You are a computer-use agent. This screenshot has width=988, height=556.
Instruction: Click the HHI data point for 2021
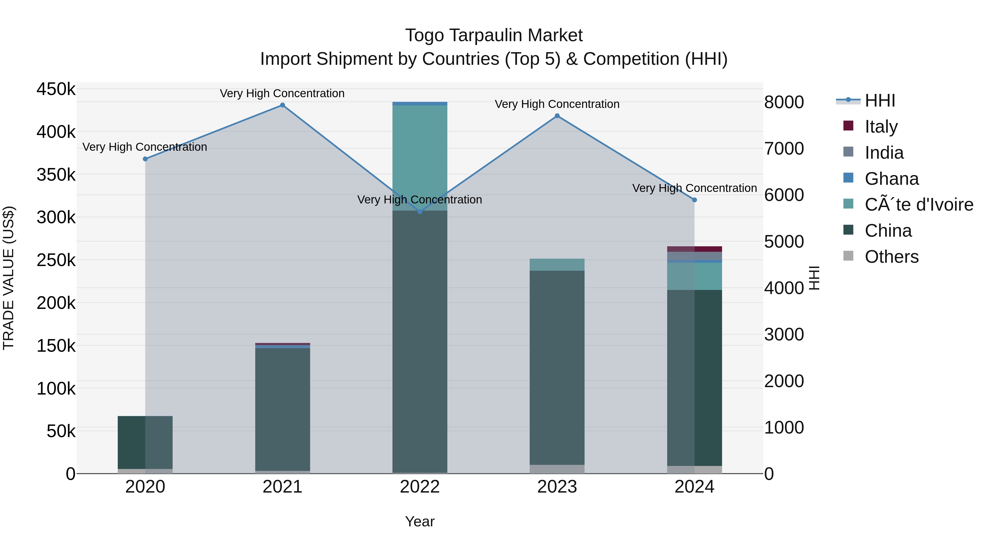tap(282, 105)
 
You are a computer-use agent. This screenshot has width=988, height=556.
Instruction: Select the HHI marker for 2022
tap(420, 211)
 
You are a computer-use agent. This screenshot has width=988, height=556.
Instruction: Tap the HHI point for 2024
tap(694, 200)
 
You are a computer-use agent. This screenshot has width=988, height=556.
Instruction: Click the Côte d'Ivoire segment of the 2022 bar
tap(420, 157)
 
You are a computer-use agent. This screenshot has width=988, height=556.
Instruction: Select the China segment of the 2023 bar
tap(557, 368)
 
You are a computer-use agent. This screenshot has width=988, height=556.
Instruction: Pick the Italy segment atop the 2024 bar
tap(694, 249)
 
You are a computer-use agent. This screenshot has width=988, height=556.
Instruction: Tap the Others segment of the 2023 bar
tap(557, 469)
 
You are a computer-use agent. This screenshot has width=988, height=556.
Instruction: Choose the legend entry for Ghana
tap(891, 179)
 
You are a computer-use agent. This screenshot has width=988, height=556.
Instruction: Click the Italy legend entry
tap(881, 127)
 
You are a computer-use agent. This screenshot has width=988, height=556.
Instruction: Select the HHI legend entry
tap(880, 100)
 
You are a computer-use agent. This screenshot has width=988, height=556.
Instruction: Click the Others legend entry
tap(891, 257)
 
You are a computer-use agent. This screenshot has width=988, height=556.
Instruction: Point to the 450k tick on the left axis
tap(56, 90)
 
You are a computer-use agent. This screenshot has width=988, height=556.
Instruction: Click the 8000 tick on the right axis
tap(784, 102)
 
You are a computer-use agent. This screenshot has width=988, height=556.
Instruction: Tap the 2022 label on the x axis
tap(420, 487)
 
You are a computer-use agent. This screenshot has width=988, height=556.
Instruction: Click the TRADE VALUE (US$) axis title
tap(9, 278)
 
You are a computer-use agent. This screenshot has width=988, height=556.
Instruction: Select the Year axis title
tap(420, 521)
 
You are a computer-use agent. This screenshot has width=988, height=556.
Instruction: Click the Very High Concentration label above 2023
tap(557, 104)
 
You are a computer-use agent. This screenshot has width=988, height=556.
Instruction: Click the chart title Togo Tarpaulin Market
tap(494, 35)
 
